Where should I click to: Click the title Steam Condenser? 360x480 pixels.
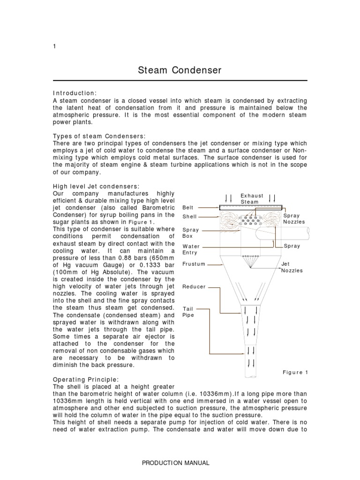click(x=180, y=71)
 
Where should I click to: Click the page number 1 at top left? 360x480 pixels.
click(x=55, y=46)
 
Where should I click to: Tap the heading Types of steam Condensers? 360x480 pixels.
click(x=100, y=136)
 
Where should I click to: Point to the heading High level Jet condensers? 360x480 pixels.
click(x=97, y=186)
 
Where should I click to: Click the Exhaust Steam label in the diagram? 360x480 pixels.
click(x=252, y=199)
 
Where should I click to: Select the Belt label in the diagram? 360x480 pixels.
click(x=187, y=207)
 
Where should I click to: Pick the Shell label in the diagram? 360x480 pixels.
click(x=189, y=217)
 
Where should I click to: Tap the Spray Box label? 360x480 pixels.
click(x=190, y=233)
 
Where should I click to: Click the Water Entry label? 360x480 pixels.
click(x=191, y=249)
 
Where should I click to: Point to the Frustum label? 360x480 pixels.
click(x=194, y=264)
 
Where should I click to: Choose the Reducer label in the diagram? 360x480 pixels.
click(x=194, y=286)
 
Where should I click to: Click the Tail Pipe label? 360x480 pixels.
click(x=188, y=312)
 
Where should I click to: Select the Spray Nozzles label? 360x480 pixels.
click(x=294, y=219)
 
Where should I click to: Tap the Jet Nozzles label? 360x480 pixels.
click(x=292, y=267)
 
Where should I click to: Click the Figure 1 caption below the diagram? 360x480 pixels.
click(x=295, y=372)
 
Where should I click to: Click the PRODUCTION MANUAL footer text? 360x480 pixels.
click(x=180, y=463)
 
